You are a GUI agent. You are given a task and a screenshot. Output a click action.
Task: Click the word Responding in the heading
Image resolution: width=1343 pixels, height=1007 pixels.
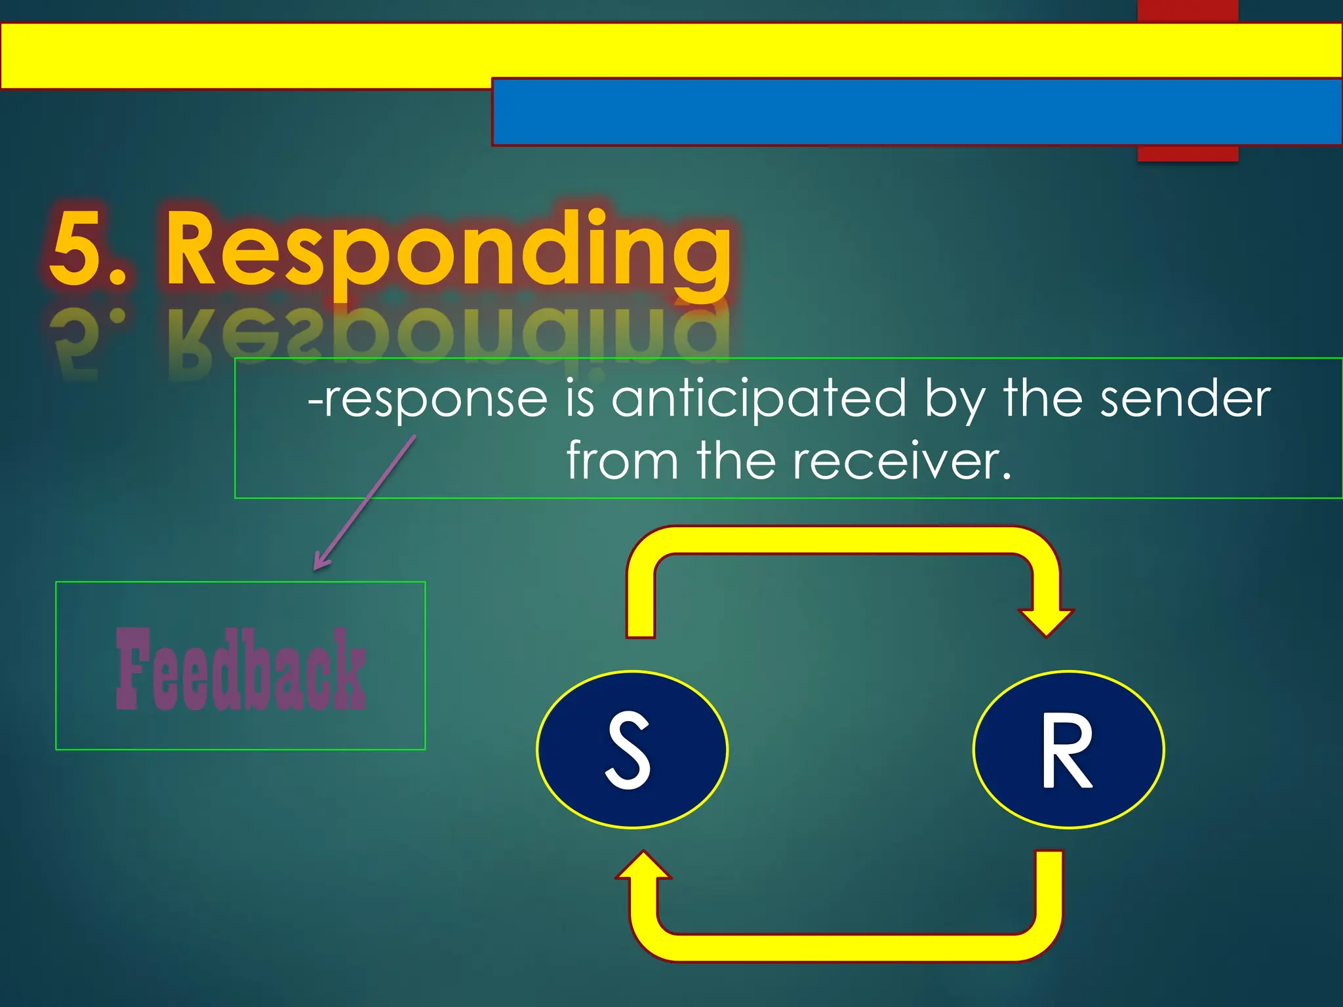[x=449, y=249]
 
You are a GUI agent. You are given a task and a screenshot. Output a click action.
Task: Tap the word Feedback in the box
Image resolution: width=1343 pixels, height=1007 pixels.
[x=240, y=669]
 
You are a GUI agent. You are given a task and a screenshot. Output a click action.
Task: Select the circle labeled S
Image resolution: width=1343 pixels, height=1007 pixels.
[x=631, y=749]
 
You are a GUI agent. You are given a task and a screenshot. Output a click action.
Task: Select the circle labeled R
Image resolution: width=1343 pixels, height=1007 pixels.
[x=1068, y=749]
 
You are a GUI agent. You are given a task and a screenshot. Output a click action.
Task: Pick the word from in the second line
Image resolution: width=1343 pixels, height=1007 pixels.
[x=622, y=461]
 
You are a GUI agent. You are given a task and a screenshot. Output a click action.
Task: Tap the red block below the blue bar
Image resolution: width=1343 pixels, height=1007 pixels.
[x=1187, y=153]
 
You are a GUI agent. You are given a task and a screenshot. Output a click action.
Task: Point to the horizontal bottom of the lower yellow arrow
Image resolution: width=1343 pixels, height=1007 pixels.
[x=846, y=947]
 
